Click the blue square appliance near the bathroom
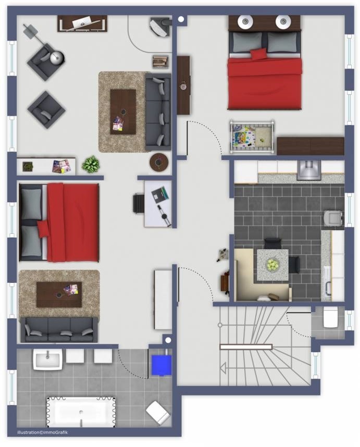click(162, 365)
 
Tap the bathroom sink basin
click(47, 359)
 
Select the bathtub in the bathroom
click(81, 412)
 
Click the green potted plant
click(91, 165)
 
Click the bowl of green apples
click(272, 265)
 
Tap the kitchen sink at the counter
click(309, 170)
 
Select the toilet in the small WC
click(330, 317)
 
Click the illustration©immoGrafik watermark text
click(43, 432)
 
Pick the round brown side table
click(159, 162)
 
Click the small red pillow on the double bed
click(258, 54)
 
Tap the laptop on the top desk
click(82, 22)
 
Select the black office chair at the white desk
click(139, 203)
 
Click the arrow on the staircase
click(223, 368)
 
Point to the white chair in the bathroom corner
click(158, 413)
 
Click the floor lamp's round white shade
click(57, 58)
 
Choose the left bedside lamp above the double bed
click(245, 21)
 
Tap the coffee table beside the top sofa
click(123, 111)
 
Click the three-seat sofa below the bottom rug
click(59, 330)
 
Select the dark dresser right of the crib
click(311, 146)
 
